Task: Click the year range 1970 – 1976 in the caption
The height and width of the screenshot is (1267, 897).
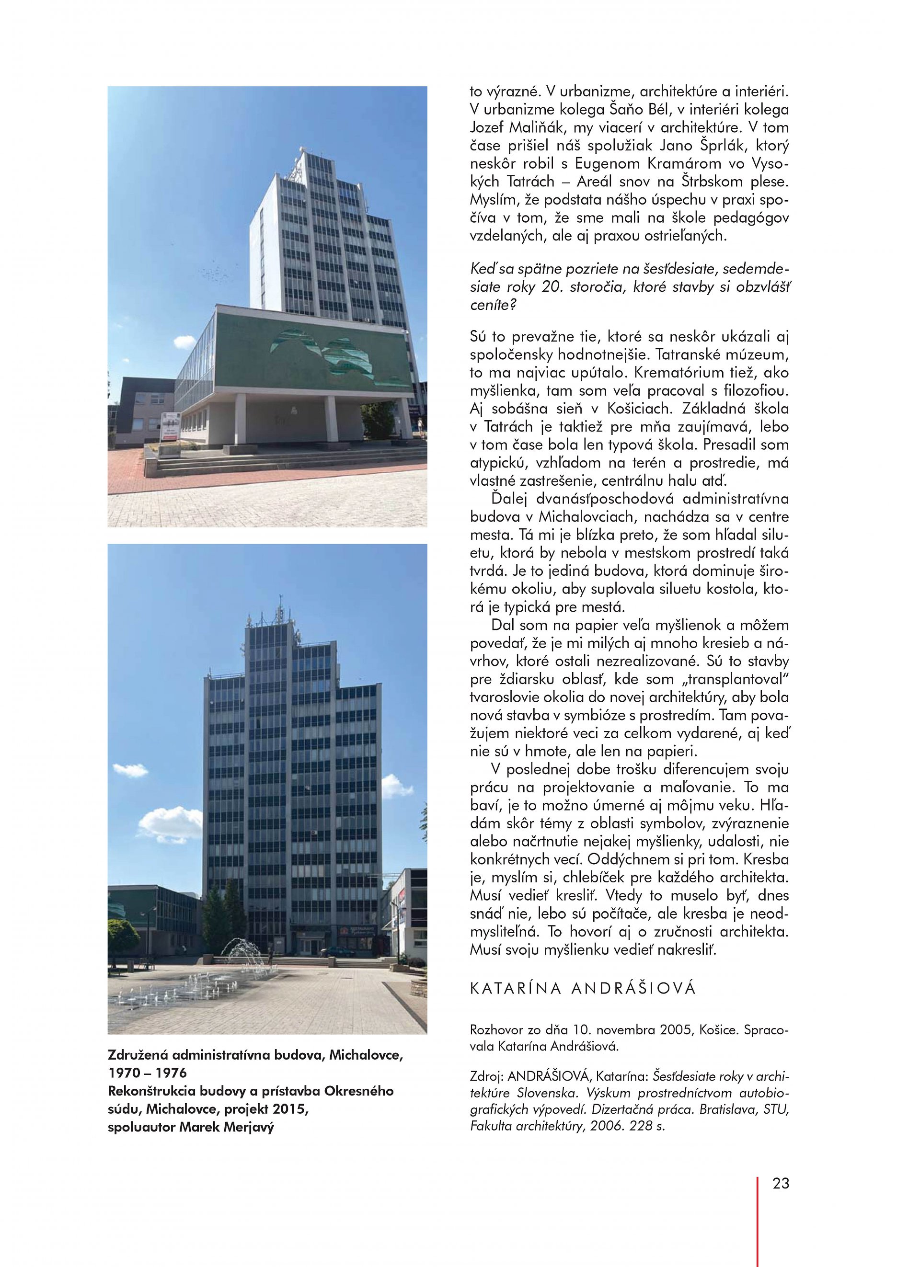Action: point(148,1073)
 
